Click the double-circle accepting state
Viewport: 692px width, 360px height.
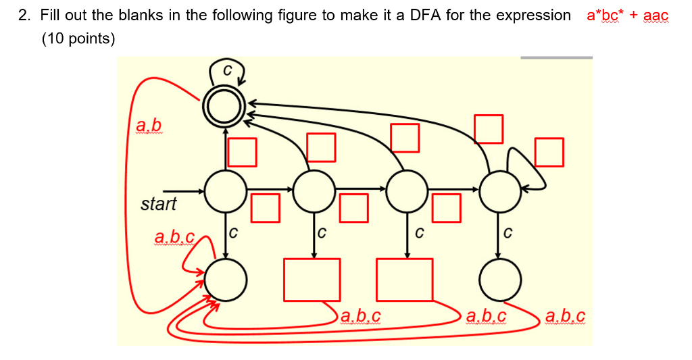tap(224, 105)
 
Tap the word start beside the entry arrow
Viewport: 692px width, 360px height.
tap(158, 204)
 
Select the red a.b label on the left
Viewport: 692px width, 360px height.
tap(149, 125)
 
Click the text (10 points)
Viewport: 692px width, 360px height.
tap(78, 38)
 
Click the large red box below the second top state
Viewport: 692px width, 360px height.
tap(312, 279)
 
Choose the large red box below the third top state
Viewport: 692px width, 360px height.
tap(404, 279)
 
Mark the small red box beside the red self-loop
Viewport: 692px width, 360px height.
tap(549, 152)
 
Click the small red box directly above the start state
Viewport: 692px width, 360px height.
tap(242, 152)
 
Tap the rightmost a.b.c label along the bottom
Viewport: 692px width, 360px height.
tap(564, 315)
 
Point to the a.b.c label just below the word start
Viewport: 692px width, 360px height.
tap(174, 238)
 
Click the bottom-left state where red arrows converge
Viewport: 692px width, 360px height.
tap(224, 279)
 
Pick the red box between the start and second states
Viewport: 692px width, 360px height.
tap(266, 207)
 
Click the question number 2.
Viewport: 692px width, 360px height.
tap(24, 16)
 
